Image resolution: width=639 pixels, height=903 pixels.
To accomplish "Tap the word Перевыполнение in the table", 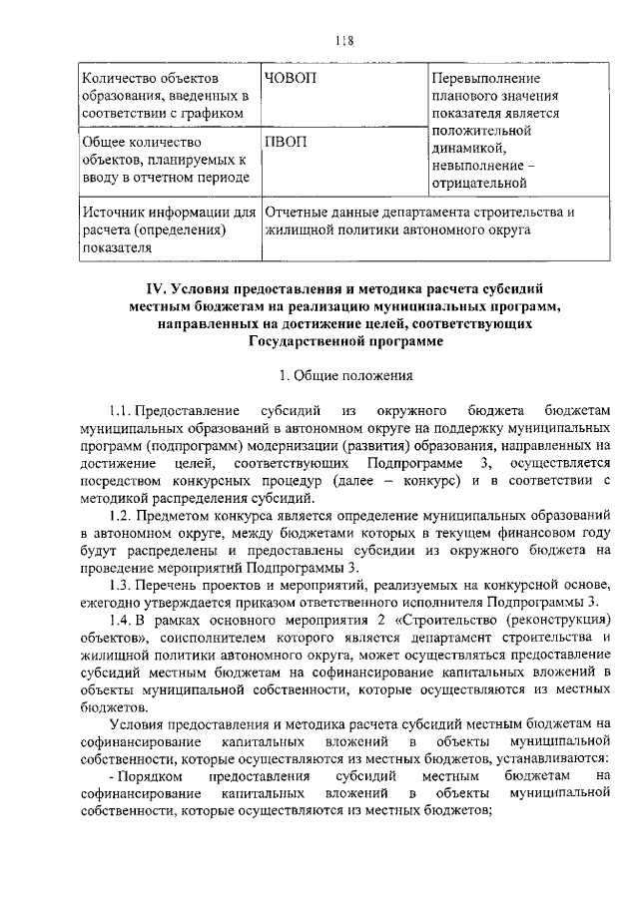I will [486, 78].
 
